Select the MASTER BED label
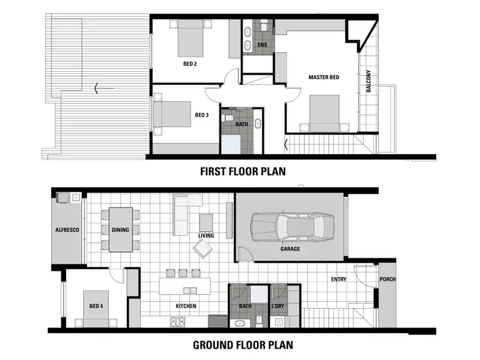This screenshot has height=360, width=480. click(323, 77)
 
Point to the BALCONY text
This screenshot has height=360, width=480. click(368, 81)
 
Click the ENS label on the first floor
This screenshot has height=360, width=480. click(262, 45)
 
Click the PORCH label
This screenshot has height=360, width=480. click(388, 279)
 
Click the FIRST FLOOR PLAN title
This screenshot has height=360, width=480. click(243, 171)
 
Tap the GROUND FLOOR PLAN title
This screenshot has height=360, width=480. click(243, 345)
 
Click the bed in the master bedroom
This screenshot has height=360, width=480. click(324, 112)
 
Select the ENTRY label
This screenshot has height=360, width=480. click(339, 279)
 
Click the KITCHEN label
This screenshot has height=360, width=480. click(186, 306)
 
